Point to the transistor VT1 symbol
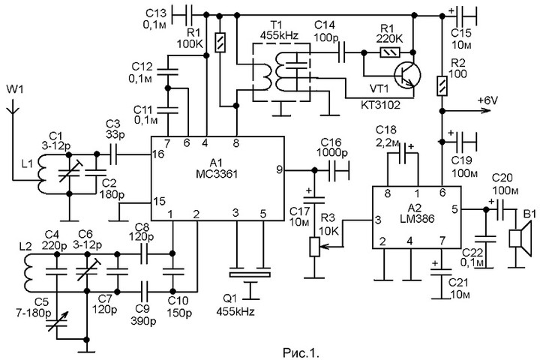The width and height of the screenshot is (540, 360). (409, 72)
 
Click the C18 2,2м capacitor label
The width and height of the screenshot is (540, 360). (394, 136)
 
